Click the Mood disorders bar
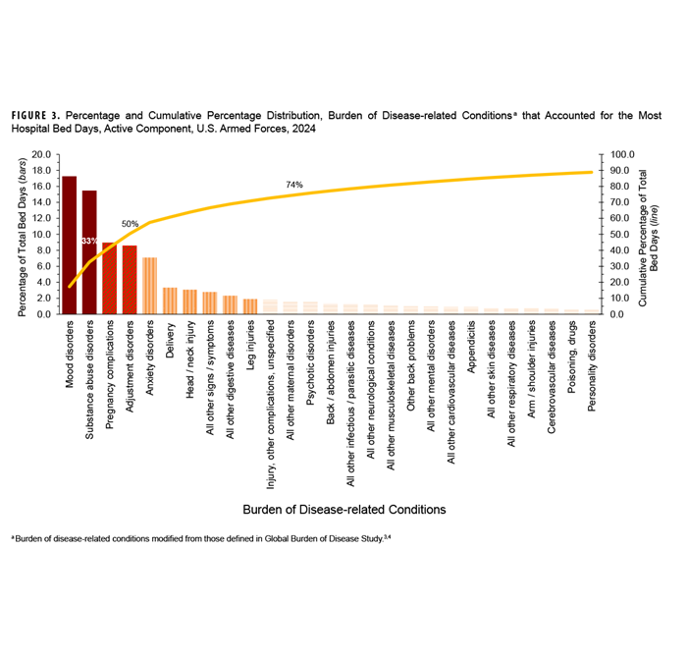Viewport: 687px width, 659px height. click(70, 246)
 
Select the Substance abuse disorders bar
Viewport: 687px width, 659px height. click(89, 252)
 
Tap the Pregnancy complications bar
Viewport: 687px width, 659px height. click(110, 279)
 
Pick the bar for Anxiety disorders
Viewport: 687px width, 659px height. click(150, 286)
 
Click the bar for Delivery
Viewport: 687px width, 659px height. click(170, 301)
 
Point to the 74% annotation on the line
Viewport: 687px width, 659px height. click(294, 185)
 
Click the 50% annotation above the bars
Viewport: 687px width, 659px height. click(130, 224)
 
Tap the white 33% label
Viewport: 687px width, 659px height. click(89, 241)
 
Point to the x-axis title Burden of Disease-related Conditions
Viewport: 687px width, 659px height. click(343, 510)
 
